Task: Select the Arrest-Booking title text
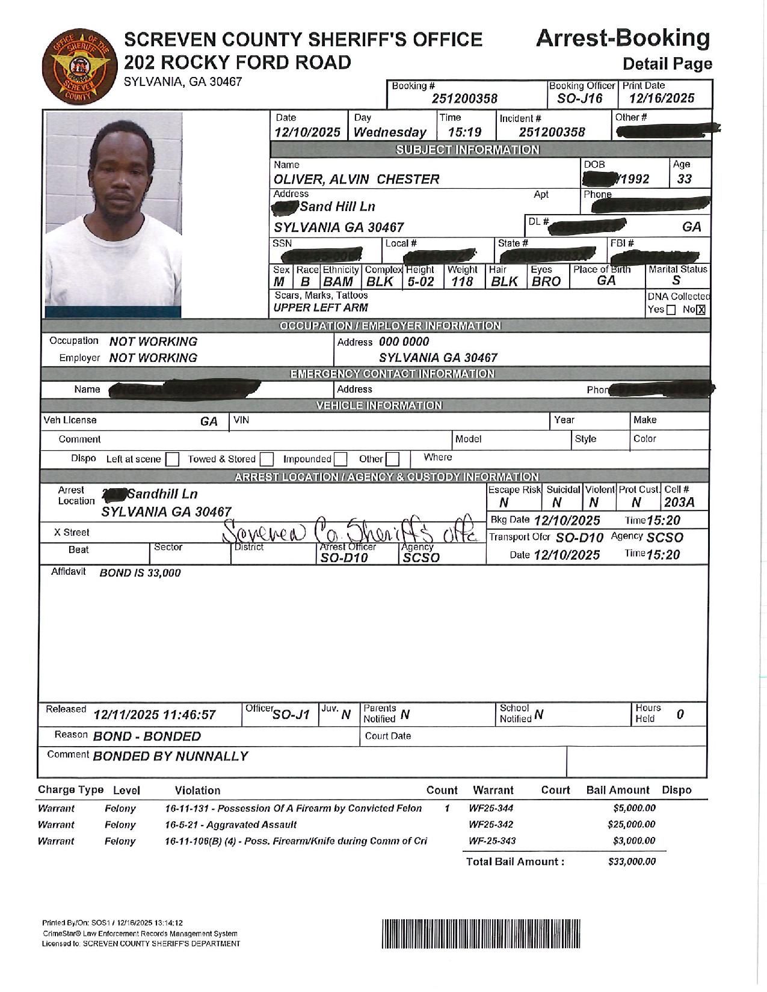pos(622,38)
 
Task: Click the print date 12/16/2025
pos(662,99)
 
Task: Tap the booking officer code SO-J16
pos(580,99)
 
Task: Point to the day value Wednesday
pos(390,132)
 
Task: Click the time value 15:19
pos(464,132)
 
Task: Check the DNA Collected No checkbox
pos(700,310)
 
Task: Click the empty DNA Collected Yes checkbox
pos(671,310)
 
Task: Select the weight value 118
pos(462,281)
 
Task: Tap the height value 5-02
pos(420,281)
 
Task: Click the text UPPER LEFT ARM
pos(321,308)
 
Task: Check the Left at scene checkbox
pos(172,459)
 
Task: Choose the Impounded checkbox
pos(340,459)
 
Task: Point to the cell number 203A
pos(679,502)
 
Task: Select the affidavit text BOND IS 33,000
pos(140,573)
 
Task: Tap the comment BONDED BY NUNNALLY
pos(170,756)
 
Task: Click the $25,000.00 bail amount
pos(631,824)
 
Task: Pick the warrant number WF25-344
pos(491,808)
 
